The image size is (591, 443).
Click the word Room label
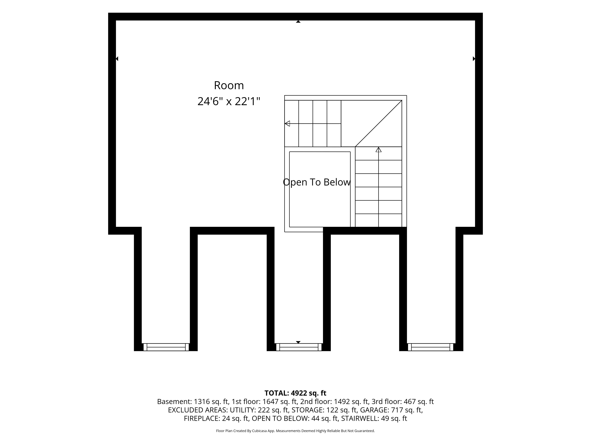click(229, 85)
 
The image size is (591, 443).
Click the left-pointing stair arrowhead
click(287, 124)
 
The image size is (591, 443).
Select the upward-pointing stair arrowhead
click(378, 150)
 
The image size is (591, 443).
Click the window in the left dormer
click(166, 347)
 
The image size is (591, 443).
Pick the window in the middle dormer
click(299, 347)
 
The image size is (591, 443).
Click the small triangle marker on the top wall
click(298, 22)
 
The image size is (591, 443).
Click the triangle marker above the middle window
click(298, 342)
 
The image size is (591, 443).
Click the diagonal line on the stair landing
click(378, 124)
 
